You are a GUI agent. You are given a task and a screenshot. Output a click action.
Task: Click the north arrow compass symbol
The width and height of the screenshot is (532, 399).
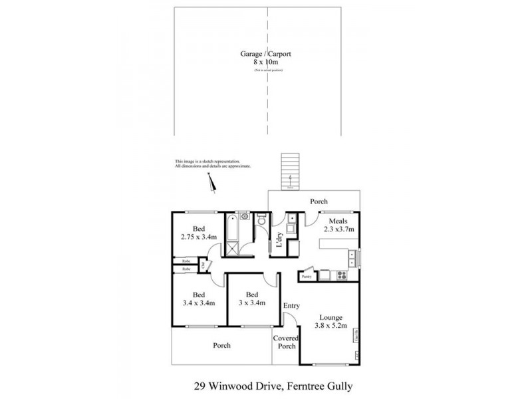point(213,182)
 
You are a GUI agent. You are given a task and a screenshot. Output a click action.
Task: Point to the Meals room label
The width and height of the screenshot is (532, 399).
point(337,220)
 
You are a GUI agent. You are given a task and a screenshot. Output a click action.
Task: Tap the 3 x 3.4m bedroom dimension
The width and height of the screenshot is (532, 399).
point(252,303)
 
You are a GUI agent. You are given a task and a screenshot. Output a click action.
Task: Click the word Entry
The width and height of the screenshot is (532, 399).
point(291,306)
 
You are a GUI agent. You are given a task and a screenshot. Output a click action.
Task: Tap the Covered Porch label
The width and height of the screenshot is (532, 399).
point(287,342)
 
